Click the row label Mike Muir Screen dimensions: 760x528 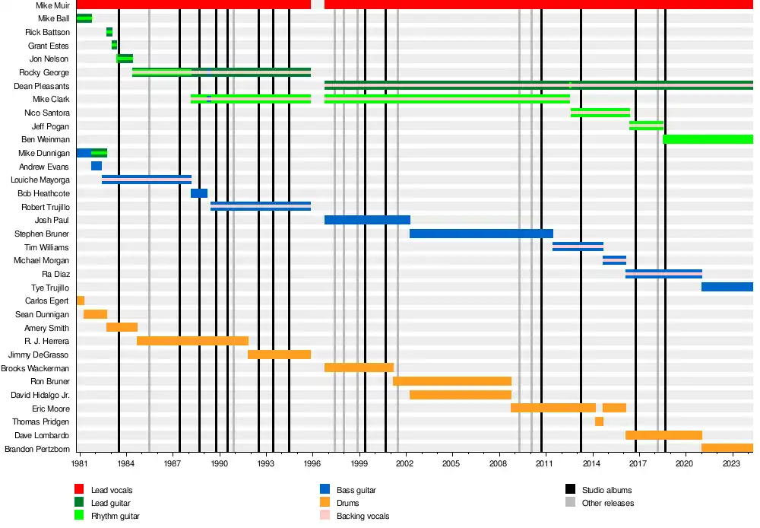tap(53, 5)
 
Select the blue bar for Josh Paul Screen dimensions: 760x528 tap(367, 220)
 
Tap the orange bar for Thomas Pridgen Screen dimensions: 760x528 tap(599, 421)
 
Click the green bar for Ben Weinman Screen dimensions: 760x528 tap(708, 139)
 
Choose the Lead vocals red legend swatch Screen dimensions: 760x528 tap(79, 489)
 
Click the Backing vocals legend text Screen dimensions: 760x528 tap(363, 516)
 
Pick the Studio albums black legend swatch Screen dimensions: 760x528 tap(571, 489)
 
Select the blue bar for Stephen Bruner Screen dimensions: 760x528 tap(481, 234)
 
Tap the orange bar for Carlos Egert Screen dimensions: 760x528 tap(81, 301)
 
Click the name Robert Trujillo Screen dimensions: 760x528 tap(46, 207)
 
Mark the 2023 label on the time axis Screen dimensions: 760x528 tap(731, 463)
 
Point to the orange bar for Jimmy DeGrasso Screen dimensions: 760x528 tap(279, 355)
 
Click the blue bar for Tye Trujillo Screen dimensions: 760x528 tap(727, 287)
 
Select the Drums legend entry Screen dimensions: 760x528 tap(339, 503)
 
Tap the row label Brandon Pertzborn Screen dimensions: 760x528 tap(37, 449)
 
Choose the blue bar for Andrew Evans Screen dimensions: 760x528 tap(97, 166)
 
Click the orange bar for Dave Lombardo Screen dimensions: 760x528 tap(663, 435)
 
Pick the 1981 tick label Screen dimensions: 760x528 tap(80, 463)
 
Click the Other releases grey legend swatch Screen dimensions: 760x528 tap(571, 502)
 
